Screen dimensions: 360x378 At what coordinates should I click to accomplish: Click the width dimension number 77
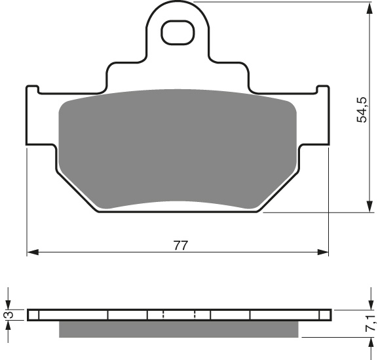coord(181,246)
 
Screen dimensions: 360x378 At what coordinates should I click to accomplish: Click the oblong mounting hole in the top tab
coord(178,33)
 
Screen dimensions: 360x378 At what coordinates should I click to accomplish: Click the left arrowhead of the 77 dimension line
coord(31,252)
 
